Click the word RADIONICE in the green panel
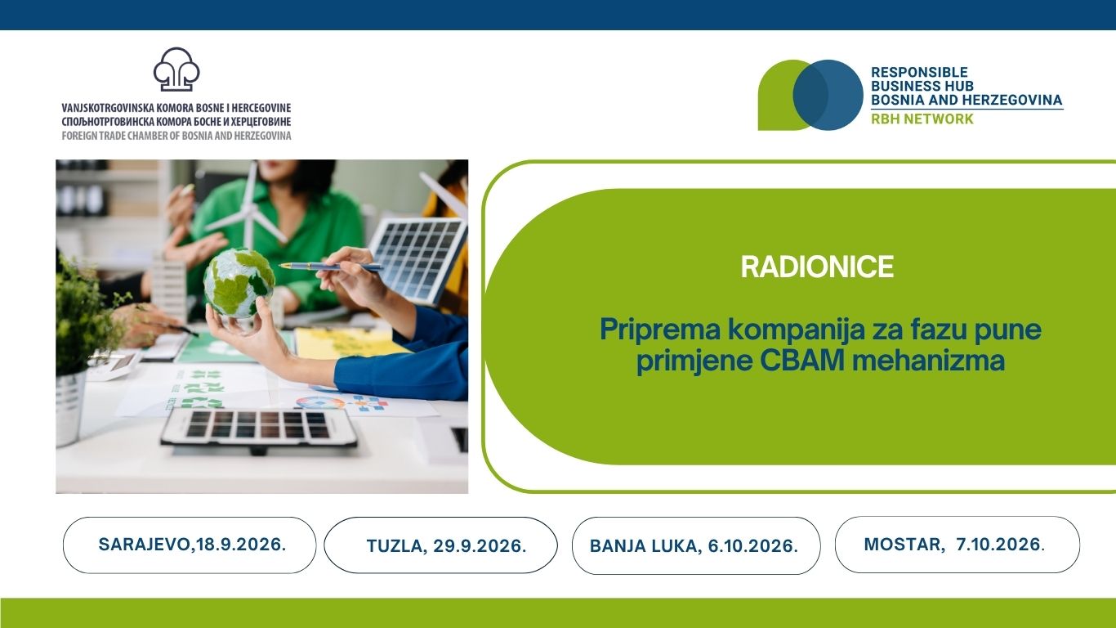tap(817, 267)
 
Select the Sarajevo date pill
tap(190, 545)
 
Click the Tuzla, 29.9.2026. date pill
tap(441, 545)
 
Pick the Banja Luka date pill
tap(696, 545)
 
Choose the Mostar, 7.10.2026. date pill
tap(958, 545)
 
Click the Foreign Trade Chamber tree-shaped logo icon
tap(176, 70)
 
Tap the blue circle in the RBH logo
tap(828, 95)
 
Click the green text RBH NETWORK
tap(922, 119)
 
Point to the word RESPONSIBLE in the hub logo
tap(919, 72)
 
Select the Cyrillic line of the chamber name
tap(176, 121)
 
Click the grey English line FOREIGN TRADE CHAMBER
tap(176, 135)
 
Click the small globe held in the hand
tap(239, 283)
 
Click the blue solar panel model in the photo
tap(417, 259)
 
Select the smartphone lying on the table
tap(258, 427)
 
